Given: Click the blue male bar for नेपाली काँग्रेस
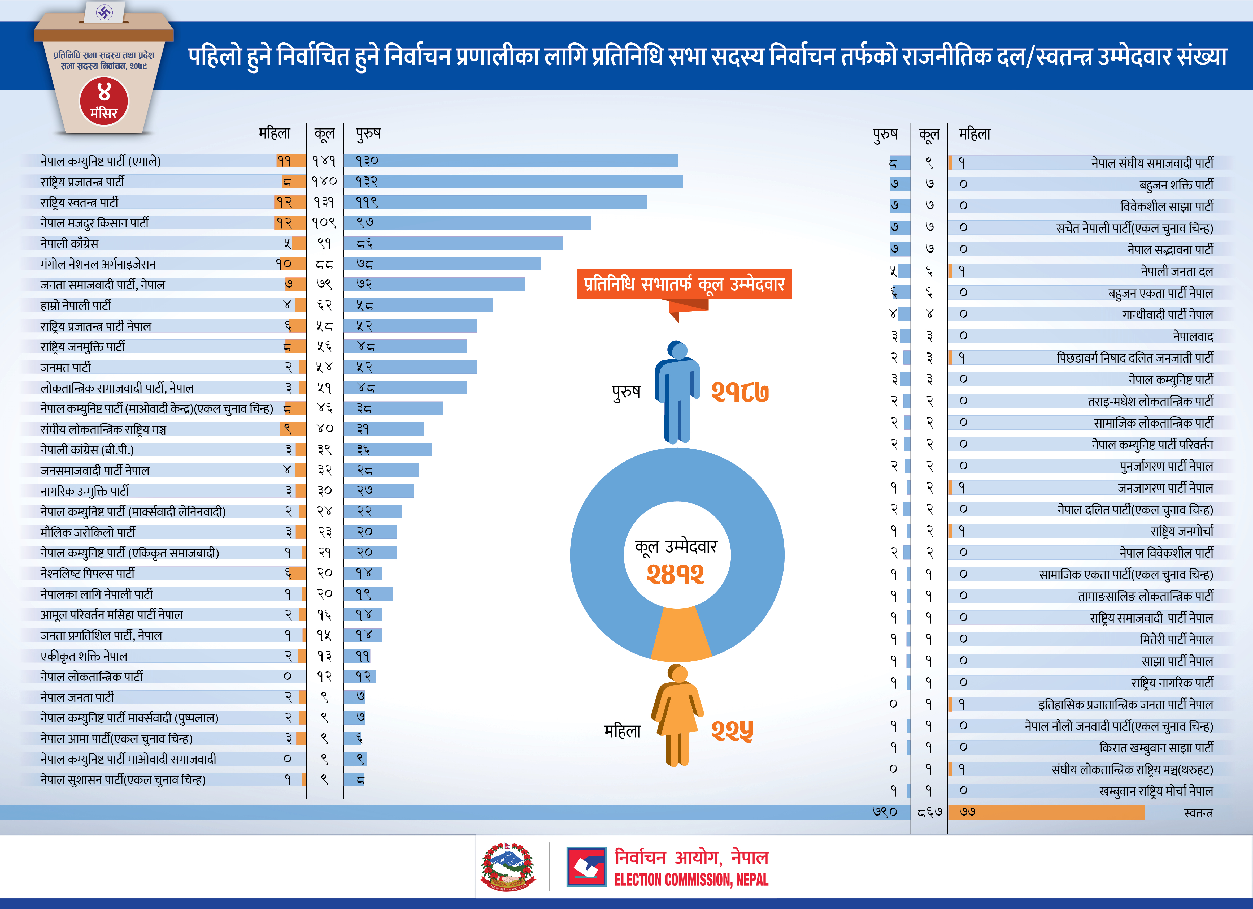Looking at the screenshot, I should click(453, 243).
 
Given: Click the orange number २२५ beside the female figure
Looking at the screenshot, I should click(732, 731).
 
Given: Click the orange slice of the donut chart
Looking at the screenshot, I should click(680, 636).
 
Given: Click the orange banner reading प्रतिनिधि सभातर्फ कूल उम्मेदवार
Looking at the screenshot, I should click(684, 284).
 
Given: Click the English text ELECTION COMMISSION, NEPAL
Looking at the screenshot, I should click(691, 880).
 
